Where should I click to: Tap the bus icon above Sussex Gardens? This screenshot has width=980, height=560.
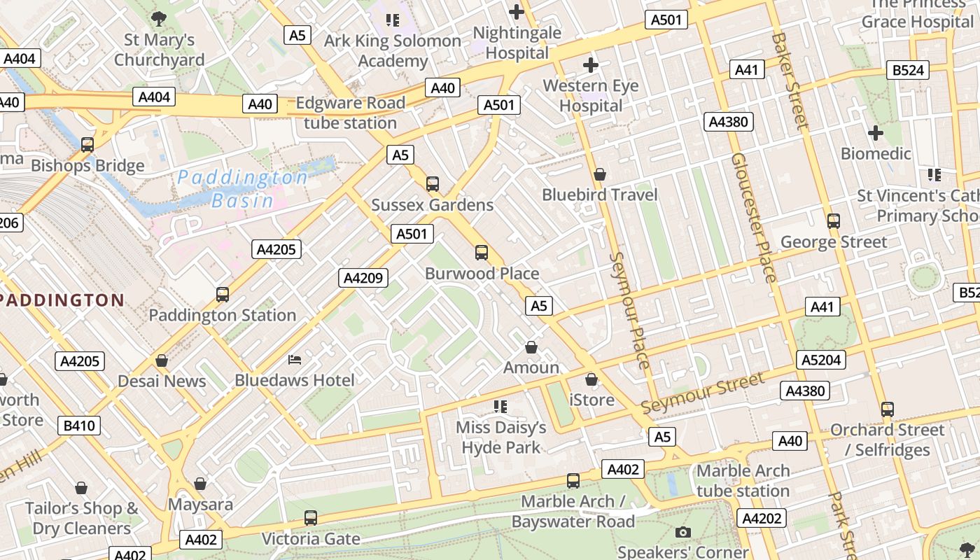pyautogui.click(x=433, y=184)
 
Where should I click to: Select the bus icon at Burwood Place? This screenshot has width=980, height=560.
pyautogui.click(x=482, y=253)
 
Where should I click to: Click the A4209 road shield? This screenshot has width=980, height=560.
pyautogui.click(x=363, y=278)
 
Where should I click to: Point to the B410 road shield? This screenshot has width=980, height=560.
pyautogui.click(x=79, y=425)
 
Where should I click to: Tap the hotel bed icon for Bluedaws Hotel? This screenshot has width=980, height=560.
pyautogui.click(x=295, y=360)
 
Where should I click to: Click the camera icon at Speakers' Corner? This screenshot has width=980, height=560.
pyautogui.click(x=682, y=533)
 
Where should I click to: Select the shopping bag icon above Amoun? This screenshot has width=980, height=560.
pyautogui.click(x=531, y=347)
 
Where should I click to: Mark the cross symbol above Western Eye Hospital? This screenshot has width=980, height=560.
pyautogui.click(x=591, y=65)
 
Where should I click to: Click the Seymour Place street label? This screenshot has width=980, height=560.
pyautogui.click(x=629, y=310)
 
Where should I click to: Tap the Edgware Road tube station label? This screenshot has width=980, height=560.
pyautogui.click(x=350, y=113)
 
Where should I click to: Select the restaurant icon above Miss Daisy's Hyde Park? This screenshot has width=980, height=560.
pyautogui.click(x=500, y=406)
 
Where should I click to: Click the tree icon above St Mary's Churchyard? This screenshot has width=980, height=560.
pyautogui.click(x=159, y=19)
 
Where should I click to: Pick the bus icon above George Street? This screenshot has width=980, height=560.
pyautogui.click(x=833, y=221)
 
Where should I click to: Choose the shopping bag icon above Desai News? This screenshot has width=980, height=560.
pyautogui.click(x=162, y=360)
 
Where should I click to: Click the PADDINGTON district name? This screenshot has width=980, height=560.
pyautogui.click(x=62, y=300)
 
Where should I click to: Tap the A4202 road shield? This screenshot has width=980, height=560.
pyautogui.click(x=761, y=518)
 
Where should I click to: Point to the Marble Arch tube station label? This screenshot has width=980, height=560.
pyautogui.click(x=743, y=480)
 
